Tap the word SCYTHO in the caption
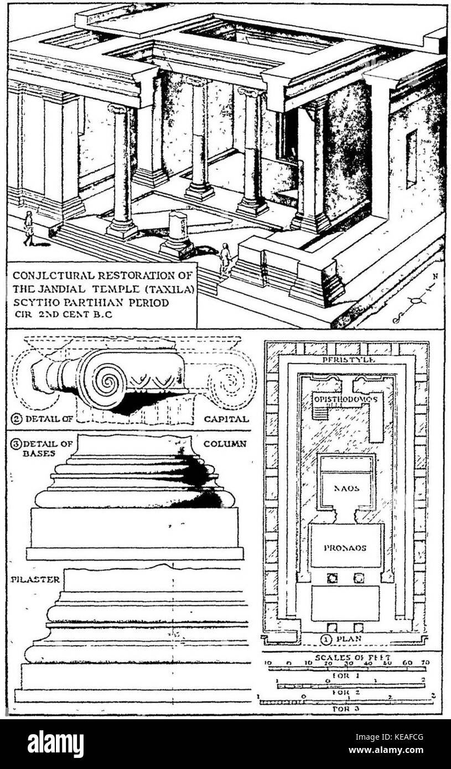click(33, 303)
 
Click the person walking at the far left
click(28, 228)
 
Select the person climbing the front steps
click(225, 258)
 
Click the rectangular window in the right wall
click(411, 159)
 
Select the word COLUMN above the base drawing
click(225, 444)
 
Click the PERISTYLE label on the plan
click(345, 360)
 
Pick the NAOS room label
click(346, 489)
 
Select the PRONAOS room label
click(346, 547)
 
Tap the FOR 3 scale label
click(346, 708)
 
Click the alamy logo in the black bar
click(55, 744)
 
